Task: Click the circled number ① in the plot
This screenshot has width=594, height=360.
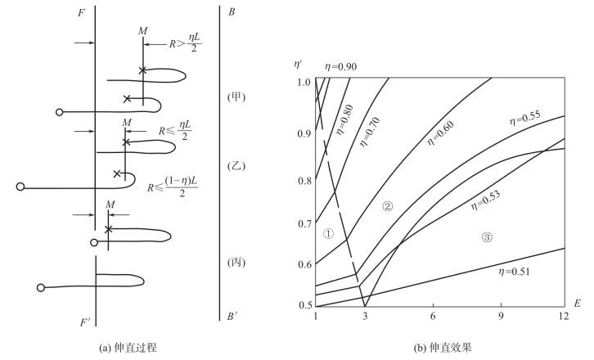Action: (328, 234)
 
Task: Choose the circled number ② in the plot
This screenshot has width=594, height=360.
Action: (388, 206)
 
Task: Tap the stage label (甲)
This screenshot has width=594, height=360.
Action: (236, 97)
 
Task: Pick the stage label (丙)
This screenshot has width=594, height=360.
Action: (236, 263)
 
